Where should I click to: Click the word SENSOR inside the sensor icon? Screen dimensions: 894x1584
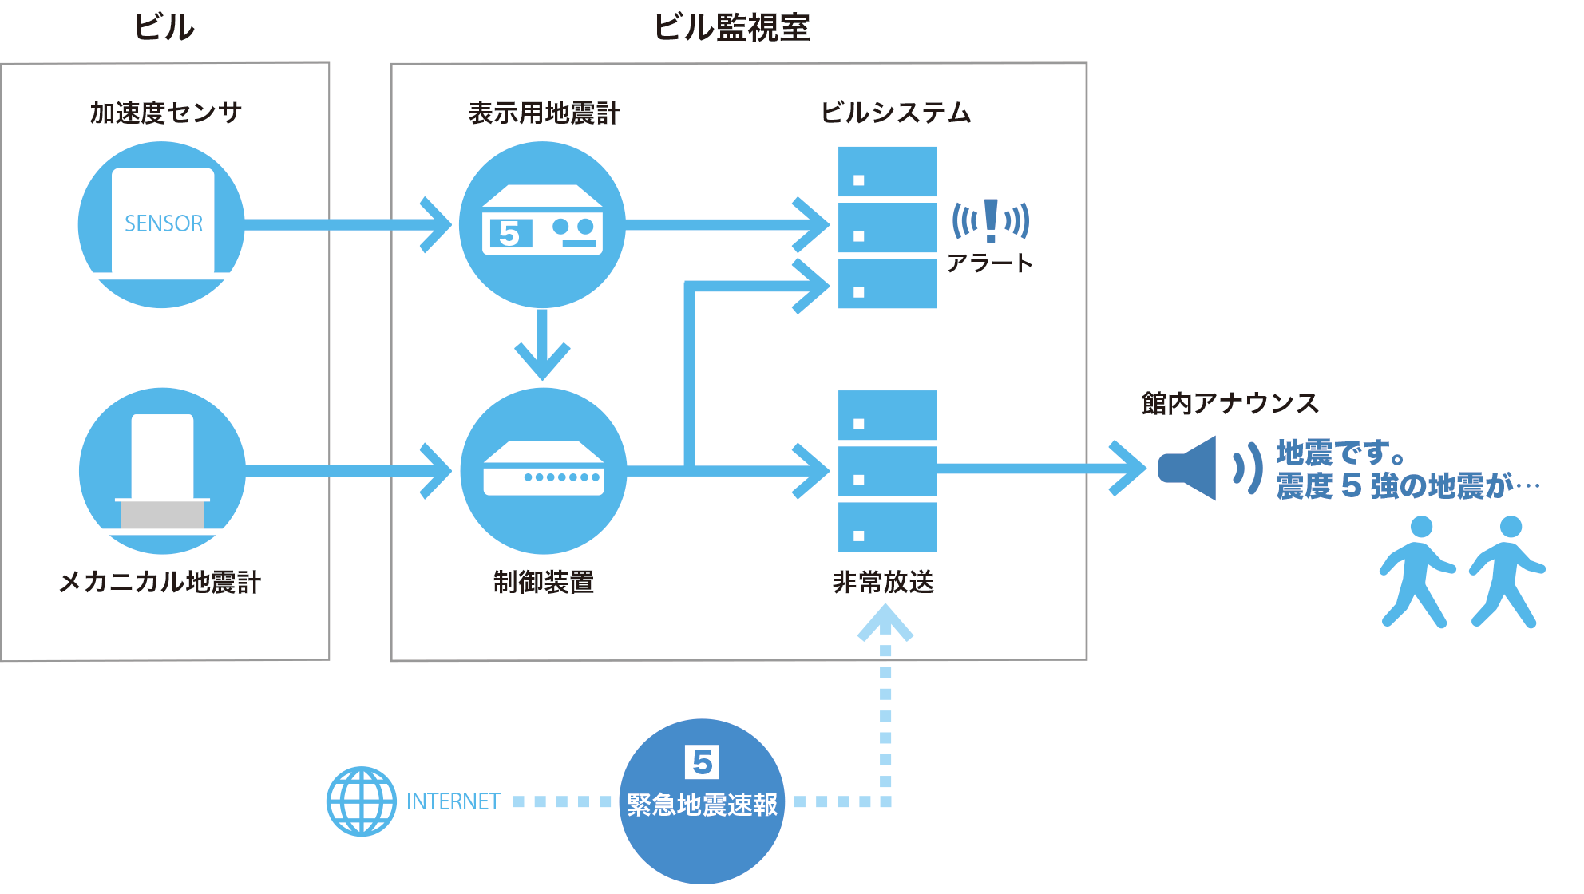(164, 223)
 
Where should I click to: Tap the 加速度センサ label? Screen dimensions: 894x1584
(165, 113)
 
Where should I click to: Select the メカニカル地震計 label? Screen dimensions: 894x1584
(160, 582)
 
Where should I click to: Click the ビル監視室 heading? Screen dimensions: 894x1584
(731, 28)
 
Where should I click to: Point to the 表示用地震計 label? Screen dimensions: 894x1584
(544, 113)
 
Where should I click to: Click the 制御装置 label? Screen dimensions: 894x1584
(543, 582)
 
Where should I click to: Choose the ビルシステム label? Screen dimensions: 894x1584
(895, 113)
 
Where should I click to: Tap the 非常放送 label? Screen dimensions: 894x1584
(883, 582)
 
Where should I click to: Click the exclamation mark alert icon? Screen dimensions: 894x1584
(991, 220)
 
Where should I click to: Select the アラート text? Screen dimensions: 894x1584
(989, 263)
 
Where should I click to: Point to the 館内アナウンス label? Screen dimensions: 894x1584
(1230, 403)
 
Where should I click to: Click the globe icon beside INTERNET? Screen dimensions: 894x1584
(362, 801)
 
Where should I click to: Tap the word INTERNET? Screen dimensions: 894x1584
(453, 801)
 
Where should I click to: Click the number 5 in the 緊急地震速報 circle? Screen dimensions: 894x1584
(702, 762)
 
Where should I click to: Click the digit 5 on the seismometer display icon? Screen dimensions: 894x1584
(509, 233)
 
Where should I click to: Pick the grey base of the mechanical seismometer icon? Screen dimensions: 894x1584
(162, 515)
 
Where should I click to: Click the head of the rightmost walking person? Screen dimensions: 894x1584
(1511, 527)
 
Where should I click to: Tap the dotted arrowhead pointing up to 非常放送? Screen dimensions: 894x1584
(885, 623)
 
